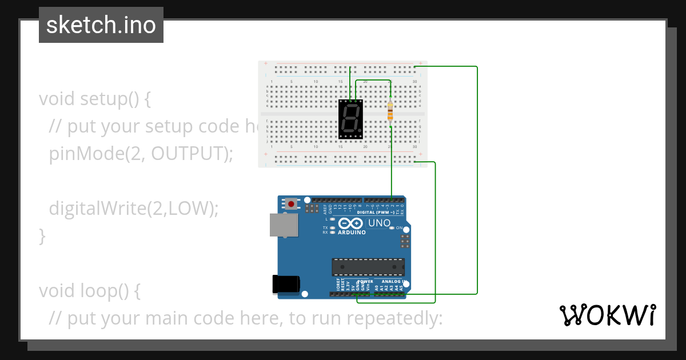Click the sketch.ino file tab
coord(101,25)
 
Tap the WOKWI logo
coord(607,315)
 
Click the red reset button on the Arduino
coord(292,203)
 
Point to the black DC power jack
coord(286,284)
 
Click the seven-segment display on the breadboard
coord(350,119)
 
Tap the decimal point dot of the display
coord(361,131)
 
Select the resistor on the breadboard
coord(390,112)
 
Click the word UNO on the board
coord(379,223)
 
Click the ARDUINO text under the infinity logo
coord(352,233)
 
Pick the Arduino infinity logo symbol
coord(351,223)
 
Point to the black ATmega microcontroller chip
coord(368,267)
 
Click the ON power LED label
coord(399,228)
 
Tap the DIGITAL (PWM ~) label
coord(376,213)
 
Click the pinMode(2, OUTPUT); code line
coord(141,154)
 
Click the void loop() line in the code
coord(89,290)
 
